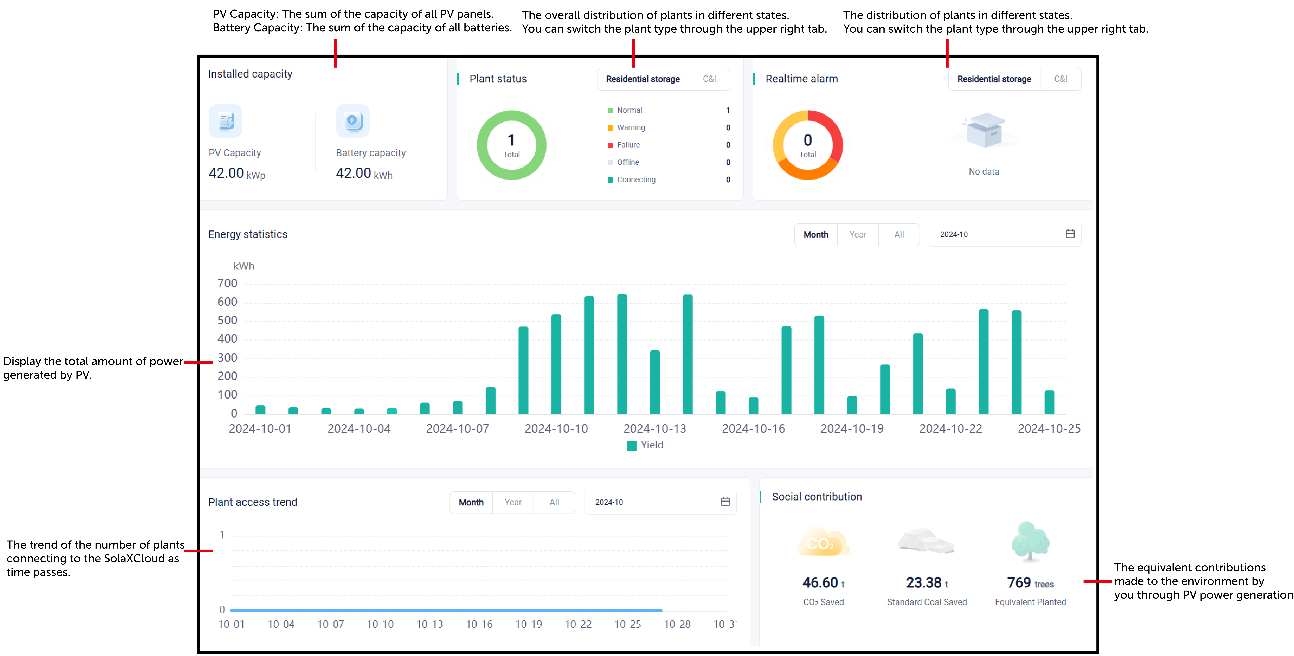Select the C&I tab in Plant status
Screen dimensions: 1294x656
point(709,79)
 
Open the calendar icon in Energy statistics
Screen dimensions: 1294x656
point(1070,234)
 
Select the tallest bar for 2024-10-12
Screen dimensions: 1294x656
point(622,354)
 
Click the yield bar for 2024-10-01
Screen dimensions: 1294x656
point(260,409)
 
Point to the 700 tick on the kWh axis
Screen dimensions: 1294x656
point(227,283)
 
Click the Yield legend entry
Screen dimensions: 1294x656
point(646,445)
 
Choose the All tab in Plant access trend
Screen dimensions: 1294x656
point(554,502)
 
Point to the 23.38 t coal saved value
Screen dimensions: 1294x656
point(927,583)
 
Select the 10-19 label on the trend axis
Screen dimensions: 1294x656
point(528,624)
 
